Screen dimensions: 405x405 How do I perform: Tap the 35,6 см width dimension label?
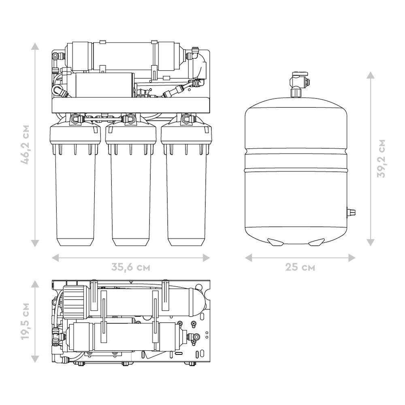[x=131, y=267]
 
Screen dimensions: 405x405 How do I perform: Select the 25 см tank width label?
[x=300, y=267]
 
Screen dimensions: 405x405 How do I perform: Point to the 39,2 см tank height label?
[x=381, y=158]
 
